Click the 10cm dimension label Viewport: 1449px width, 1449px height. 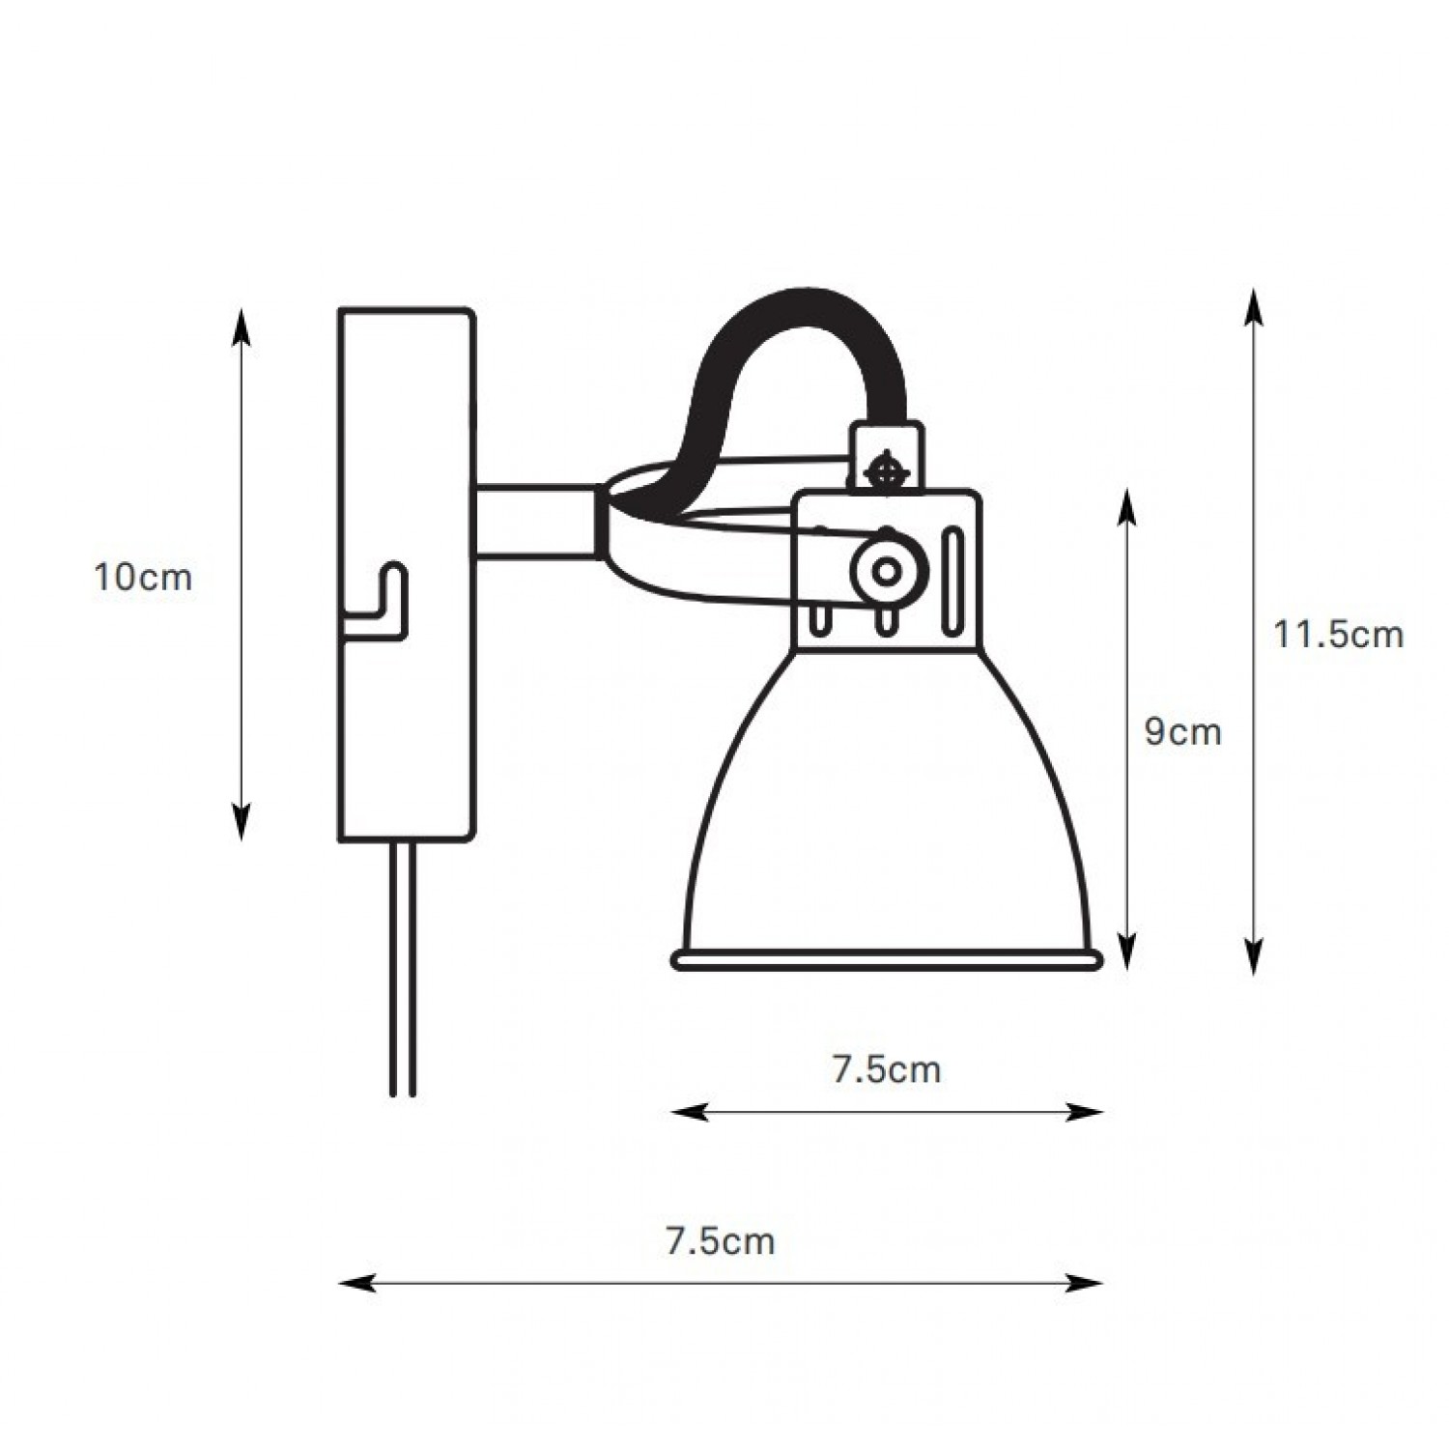[143, 578]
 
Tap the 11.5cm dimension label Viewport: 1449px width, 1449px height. [1338, 635]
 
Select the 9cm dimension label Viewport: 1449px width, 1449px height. [1183, 732]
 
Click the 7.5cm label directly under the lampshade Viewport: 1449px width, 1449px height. [887, 1069]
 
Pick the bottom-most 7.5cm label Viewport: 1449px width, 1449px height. [721, 1240]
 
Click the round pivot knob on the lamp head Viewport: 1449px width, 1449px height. [885, 571]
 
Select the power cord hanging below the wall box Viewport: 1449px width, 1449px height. [403, 968]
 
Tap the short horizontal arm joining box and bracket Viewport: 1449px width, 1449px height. [534, 523]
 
